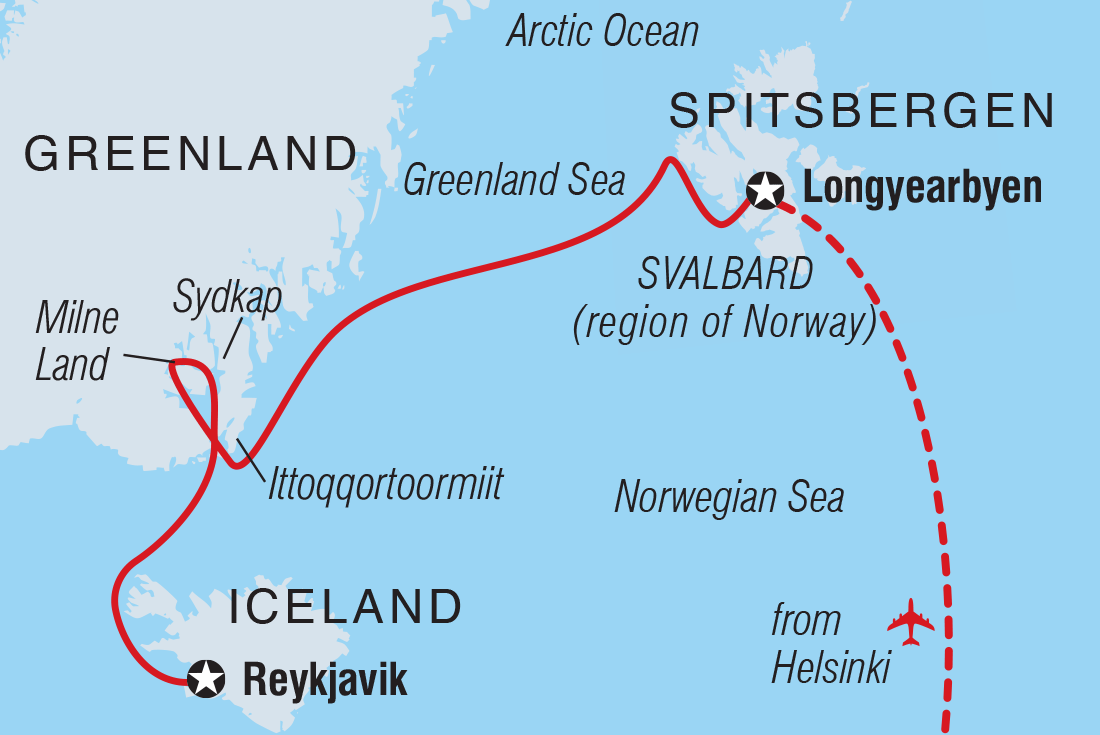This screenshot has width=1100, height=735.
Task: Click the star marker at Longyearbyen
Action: pyautogui.click(x=765, y=189)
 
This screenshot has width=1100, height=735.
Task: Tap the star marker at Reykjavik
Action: pyautogui.click(x=207, y=680)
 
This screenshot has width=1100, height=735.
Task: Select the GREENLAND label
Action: pyautogui.click(x=190, y=154)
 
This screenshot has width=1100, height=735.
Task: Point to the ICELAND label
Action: pyautogui.click(x=346, y=607)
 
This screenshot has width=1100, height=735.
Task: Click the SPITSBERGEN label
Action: pyautogui.click(x=862, y=111)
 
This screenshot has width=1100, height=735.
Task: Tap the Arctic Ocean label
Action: pyautogui.click(x=602, y=32)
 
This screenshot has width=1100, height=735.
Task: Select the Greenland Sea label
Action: pyautogui.click(x=514, y=181)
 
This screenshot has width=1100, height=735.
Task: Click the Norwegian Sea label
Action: pyautogui.click(x=729, y=497)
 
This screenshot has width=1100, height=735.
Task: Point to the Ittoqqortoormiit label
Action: pyautogui.click(x=385, y=485)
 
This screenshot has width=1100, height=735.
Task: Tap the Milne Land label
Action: pyautogui.click(x=76, y=342)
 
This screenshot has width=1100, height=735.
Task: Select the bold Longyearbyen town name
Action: pyautogui.click(x=922, y=189)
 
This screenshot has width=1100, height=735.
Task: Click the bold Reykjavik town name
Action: pyautogui.click(x=325, y=681)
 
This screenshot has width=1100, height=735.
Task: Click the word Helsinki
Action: pyautogui.click(x=830, y=669)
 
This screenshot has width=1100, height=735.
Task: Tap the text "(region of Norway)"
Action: pyautogui.click(x=725, y=326)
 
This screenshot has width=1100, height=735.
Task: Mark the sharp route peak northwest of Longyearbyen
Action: pyautogui.click(x=667, y=160)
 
